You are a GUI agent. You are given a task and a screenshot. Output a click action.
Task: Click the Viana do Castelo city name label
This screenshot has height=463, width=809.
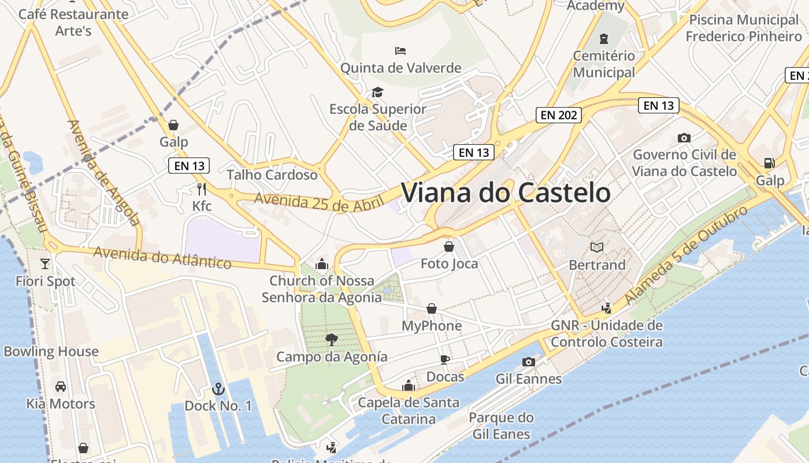[x=506, y=193]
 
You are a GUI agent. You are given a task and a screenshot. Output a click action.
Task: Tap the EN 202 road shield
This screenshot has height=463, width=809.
[x=558, y=115]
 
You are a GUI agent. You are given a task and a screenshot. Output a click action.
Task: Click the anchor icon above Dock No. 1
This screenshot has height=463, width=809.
[x=218, y=388]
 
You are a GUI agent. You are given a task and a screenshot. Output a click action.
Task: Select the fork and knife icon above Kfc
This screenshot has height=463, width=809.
[x=201, y=189]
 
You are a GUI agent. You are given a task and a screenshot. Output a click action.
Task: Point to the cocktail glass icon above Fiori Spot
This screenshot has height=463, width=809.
[x=45, y=264]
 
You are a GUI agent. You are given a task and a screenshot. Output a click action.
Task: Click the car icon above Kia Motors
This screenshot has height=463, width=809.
[x=60, y=386]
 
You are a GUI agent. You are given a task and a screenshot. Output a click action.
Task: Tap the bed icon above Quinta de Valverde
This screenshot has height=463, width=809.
[x=400, y=51]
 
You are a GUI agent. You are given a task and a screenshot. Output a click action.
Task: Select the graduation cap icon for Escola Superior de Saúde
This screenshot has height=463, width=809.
[x=377, y=92]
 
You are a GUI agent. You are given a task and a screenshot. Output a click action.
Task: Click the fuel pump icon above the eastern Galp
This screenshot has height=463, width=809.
[x=769, y=163]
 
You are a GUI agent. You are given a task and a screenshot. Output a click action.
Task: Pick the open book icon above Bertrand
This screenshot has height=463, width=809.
[x=596, y=248]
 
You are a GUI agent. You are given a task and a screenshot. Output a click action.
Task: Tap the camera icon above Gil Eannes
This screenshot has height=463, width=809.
[x=528, y=362]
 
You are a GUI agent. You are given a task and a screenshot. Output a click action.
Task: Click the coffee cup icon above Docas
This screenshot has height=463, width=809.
[x=444, y=359]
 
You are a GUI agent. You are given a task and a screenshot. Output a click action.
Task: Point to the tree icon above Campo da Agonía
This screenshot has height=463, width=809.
[x=331, y=339]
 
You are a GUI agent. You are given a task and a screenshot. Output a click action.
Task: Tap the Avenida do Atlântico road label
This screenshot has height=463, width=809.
[x=162, y=258]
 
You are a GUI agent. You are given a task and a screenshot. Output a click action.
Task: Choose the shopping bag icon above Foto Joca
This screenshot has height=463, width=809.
[x=448, y=247]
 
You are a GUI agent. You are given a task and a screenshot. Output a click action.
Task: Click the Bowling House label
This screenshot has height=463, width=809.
[x=51, y=352]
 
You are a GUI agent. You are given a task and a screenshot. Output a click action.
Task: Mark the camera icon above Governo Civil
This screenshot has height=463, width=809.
[x=684, y=138]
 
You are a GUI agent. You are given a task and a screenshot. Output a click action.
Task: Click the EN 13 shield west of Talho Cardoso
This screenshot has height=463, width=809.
[x=190, y=166]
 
